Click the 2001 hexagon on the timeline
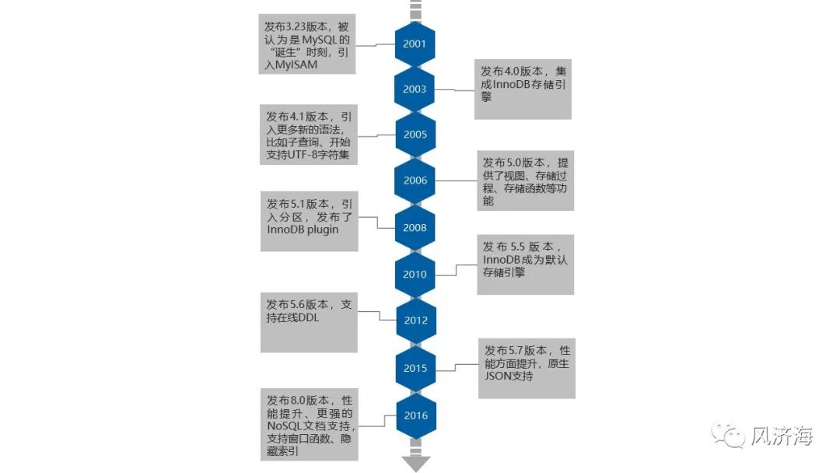tap(415, 44)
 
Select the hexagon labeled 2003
tap(415, 89)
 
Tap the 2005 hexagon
tap(415, 135)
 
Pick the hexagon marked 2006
tap(415, 180)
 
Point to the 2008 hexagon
tap(415, 228)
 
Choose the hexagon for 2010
tap(415, 275)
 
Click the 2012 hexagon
tap(415, 321)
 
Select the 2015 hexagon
tap(415, 368)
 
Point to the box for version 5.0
tap(525, 180)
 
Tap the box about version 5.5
tap(525, 265)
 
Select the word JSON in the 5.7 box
tap(499, 377)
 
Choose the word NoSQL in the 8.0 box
tap(282, 426)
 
